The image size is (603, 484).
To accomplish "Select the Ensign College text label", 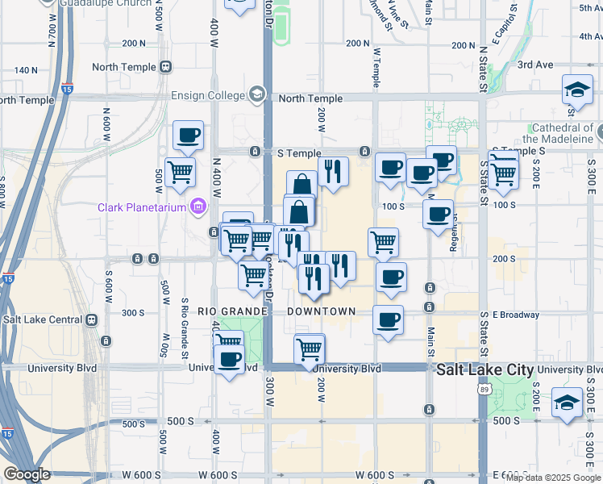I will coord(208,95).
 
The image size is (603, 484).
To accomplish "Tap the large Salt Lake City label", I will coord(484,369).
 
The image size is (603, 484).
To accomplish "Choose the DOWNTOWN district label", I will coord(321,311).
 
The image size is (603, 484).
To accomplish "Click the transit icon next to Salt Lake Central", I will coord(92,319).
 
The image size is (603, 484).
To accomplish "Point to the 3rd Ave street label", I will coord(535,65).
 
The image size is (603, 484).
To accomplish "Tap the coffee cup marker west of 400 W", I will coord(188,136).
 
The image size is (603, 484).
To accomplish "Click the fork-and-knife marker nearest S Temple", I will coord(332,171).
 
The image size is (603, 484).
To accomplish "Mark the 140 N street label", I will coord(25,70).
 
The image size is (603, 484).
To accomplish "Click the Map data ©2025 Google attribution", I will coord(553,478).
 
